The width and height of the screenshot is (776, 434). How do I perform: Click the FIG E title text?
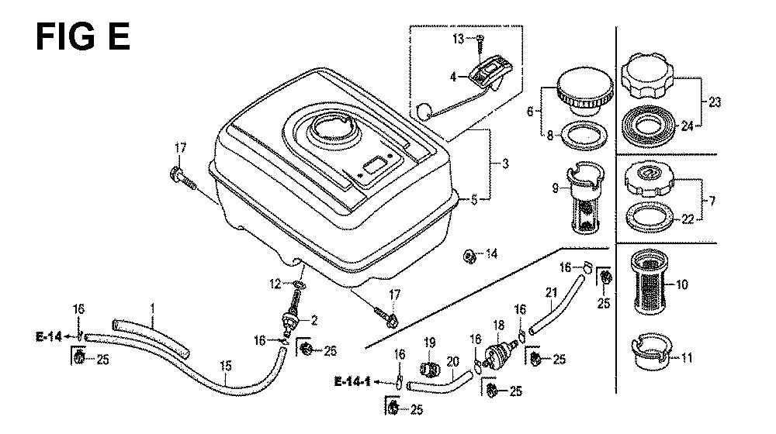click(x=83, y=36)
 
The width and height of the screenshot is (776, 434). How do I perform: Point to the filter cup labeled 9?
click(x=587, y=198)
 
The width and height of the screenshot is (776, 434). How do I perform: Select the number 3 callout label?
click(x=505, y=163)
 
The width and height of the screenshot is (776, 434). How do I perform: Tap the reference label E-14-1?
click(x=353, y=381)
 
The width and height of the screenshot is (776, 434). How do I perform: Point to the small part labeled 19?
click(x=430, y=368)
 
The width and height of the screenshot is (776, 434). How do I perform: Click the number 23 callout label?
click(x=715, y=102)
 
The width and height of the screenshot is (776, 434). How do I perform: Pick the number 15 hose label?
click(x=225, y=367)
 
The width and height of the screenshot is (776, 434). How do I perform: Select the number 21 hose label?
click(x=551, y=293)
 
